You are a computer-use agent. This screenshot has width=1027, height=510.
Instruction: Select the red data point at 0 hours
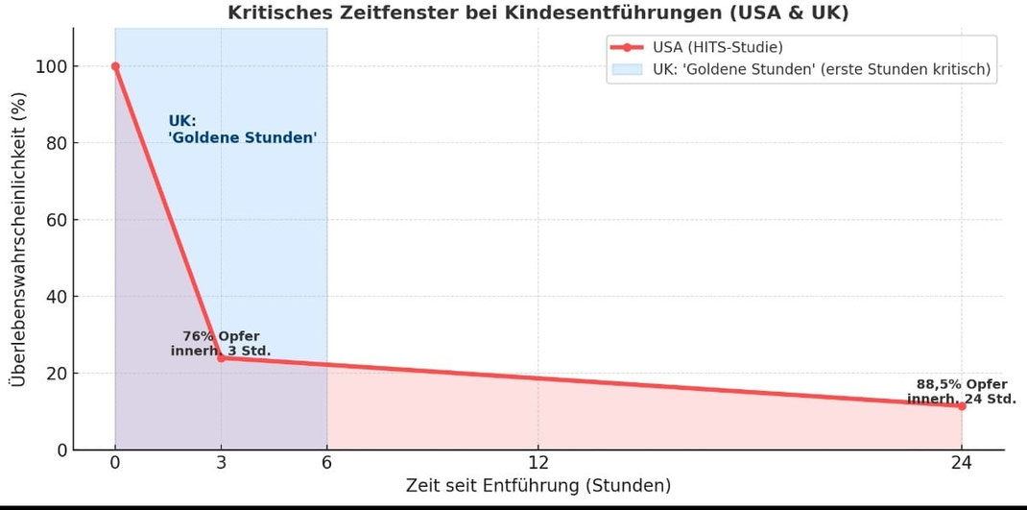pyautogui.click(x=115, y=66)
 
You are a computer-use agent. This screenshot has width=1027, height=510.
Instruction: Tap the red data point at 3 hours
pyautogui.click(x=221, y=358)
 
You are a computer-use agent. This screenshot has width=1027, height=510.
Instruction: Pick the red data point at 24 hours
pyautogui.click(x=961, y=406)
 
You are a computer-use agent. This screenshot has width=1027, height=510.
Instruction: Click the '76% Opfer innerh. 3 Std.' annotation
pyautogui.click(x=221, y=343)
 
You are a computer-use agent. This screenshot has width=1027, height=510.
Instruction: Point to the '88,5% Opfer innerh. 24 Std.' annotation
pyautogui.click(x=961, y=392)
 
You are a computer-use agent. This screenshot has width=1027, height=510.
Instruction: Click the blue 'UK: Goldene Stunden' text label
pyautogui.click(x=242, y=130)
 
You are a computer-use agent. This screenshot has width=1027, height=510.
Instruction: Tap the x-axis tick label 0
pyautogui.click(x=115, y=464)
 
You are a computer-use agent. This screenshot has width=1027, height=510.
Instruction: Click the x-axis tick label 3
pyautogui.click(x=221, y=464)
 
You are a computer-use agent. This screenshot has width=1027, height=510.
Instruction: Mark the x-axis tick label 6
pyautogui.click(x=326, y=464)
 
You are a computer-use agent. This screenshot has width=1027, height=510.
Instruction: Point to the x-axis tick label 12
pyautogui.click(x=538, y=464)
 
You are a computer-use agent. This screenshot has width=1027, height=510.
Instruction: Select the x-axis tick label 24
pyautogui.click(x=961, y=464)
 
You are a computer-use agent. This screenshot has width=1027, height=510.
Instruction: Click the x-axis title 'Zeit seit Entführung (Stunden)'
pyautogui.click(x=537, y=486)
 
